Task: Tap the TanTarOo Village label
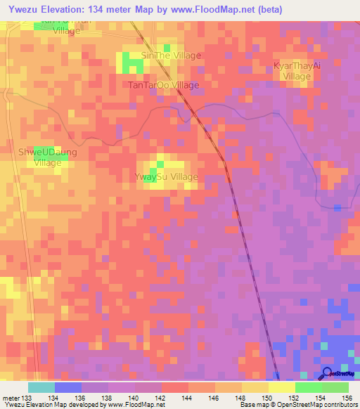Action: click(x=163, y=85)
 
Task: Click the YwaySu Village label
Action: click(x=166, y=177)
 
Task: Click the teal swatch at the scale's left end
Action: click(x=41, y=387)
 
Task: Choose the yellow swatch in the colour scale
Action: click(x=282, y=387)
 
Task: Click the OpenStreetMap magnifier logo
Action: click(x=328, y=372)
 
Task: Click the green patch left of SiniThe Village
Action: click(x=133, y=64)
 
